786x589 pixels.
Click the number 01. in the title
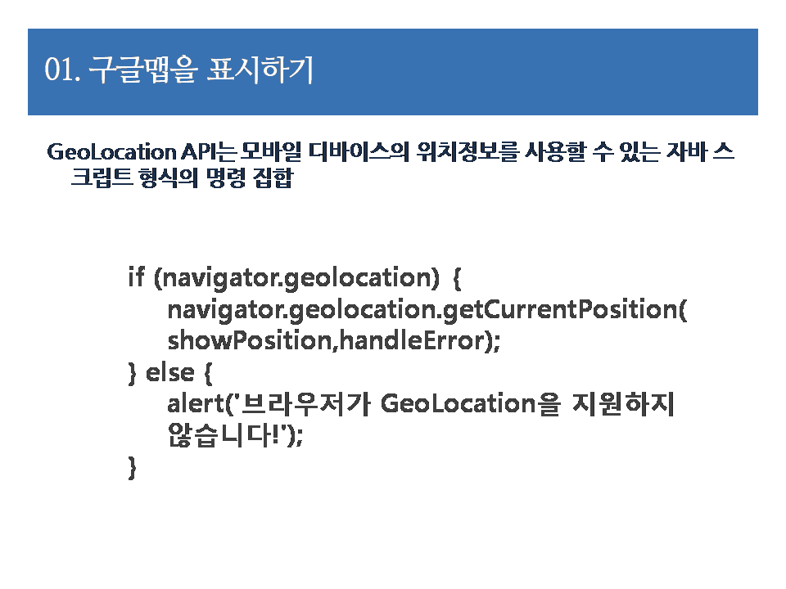click(x=62, y=70)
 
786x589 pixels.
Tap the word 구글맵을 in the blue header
click(x=142, y=69)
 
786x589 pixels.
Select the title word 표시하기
click(x=260, y=69)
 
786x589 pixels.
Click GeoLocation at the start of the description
click(x=111, y=152)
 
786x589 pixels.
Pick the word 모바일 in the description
click(x=271, y=152)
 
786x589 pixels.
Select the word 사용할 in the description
click(x=555, y=152)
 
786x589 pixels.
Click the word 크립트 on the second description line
click(x=102, y=178)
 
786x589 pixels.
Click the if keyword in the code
click(x=137, y=277)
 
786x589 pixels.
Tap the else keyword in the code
click(x=169, y=372)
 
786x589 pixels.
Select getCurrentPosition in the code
click(x=560, y=309)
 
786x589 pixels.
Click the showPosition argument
click(x=250, y=340)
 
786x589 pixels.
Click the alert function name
click(x=195, y=403)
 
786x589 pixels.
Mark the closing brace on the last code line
click(x=133, y=468)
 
